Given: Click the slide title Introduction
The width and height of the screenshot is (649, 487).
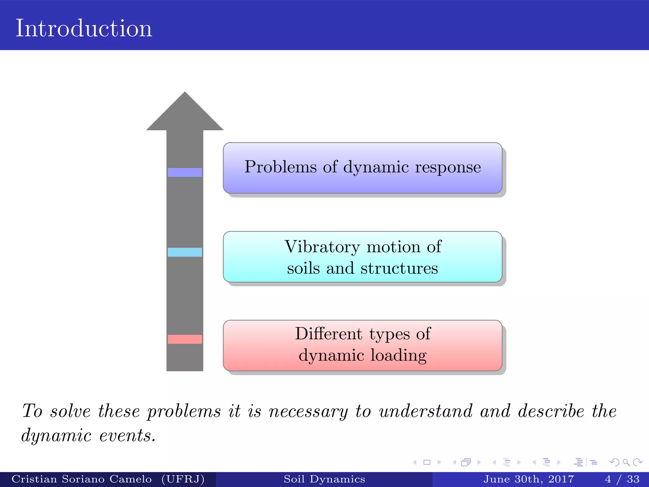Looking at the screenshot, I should point(84,29).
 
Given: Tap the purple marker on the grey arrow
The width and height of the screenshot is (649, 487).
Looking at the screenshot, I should point(185,172).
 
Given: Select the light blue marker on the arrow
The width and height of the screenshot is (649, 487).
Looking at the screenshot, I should point(185,252).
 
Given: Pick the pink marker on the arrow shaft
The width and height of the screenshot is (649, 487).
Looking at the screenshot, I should point(185,339).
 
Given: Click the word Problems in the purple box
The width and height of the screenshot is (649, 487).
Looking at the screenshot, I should point(280,167).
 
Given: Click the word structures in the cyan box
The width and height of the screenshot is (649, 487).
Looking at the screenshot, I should point(399,269).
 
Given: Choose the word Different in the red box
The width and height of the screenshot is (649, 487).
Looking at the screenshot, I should point(329,334).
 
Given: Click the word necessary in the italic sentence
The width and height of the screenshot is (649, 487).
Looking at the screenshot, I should point(308,412).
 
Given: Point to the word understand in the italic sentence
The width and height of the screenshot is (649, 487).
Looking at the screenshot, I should point(426,412).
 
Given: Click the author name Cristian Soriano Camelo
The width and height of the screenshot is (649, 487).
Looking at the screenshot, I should point(81,479).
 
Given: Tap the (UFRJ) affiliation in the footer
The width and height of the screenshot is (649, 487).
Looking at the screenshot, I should point(183,479).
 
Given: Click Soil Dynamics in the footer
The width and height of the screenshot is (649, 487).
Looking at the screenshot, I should point(324,479).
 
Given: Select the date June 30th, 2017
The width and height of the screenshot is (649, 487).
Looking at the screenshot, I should point(529,479).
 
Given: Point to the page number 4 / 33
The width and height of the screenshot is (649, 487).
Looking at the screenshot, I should point(622,479).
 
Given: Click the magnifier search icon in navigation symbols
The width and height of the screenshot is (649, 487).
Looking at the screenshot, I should point(626,463).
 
